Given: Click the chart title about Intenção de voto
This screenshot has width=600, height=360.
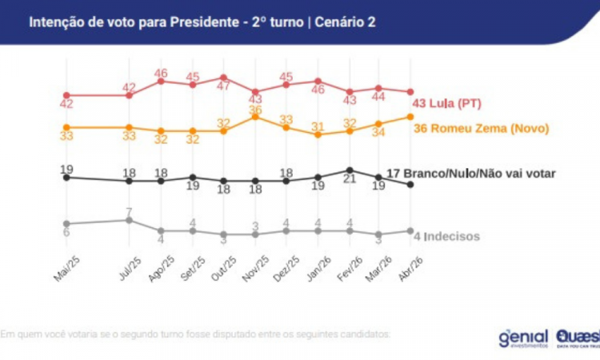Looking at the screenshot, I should [202, 22].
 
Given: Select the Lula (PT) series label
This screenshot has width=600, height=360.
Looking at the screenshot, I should [446, 104].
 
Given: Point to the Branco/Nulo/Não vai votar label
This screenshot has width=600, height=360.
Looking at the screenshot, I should [470, 173].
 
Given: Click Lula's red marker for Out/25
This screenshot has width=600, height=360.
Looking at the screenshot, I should [223, 78].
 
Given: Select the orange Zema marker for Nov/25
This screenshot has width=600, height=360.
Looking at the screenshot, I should [254, 117].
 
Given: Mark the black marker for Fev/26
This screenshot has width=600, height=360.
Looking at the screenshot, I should [349, 170].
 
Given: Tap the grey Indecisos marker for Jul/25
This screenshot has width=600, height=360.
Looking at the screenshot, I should [129, 219].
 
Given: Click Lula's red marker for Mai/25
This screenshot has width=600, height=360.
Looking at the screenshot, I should [66, 95].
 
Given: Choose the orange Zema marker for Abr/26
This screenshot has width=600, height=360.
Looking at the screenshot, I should [410, 116].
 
